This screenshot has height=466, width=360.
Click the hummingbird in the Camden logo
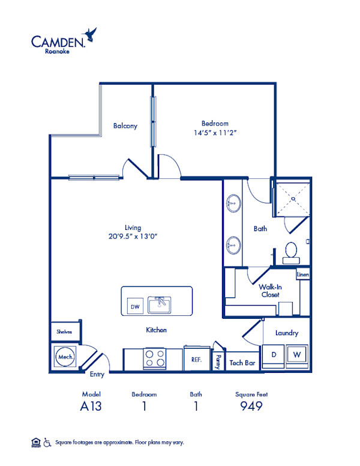90,34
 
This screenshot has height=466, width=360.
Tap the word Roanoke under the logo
57,51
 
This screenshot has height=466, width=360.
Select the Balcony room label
125,126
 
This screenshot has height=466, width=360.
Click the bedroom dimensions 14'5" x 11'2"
215,133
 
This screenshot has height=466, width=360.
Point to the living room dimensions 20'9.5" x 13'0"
133,236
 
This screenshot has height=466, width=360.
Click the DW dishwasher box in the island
135,306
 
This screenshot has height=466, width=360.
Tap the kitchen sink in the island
160,304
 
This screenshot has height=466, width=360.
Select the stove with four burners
154,359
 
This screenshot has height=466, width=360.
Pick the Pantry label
218,362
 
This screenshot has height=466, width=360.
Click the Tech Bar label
242,363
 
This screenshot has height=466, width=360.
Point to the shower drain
293,199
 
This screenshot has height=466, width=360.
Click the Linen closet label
303,274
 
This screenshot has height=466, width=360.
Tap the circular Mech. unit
65,357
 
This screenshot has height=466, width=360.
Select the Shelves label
64,331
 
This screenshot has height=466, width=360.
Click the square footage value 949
251,406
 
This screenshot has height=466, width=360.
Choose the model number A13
91,406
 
